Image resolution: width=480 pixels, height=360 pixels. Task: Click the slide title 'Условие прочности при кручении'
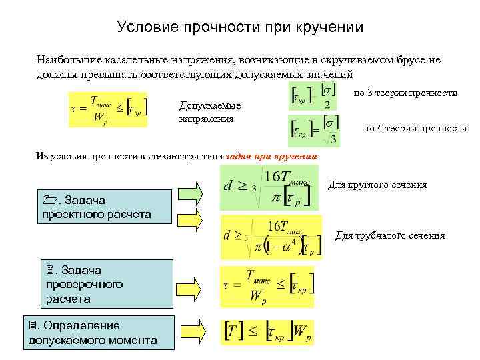point(240,27)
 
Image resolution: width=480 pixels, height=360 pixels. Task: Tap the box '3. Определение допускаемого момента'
point(93,333)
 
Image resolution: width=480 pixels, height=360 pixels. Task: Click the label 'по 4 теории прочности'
point(414,129)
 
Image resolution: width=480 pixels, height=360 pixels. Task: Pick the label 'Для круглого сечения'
point(377,185)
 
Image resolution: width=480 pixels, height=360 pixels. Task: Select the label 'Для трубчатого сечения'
point(389,235)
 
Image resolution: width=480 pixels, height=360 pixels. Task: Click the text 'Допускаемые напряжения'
point(210,112)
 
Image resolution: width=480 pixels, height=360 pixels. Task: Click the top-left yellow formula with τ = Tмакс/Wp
point(109,107)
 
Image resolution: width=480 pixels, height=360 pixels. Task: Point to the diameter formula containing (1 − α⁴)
point(271,237)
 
